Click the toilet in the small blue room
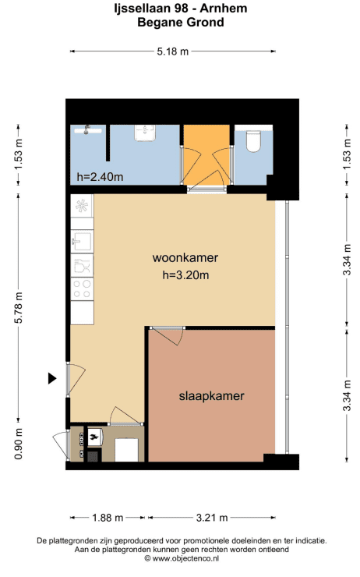(253, 141)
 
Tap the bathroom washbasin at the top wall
(145, 133)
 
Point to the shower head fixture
(87, 129)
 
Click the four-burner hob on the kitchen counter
(82, 288)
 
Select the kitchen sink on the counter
(82, 241)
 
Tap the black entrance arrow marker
(52, 378)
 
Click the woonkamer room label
(185, 257)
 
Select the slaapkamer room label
(211, 396)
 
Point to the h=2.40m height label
(100, 177)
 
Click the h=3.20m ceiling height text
(185, 275)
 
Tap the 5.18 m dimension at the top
(172, 51)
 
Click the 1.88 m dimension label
(108, 518)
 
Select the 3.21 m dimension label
(212, 518)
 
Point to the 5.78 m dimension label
(19, 308)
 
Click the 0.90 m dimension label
(19, 444)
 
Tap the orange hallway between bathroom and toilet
(206, 154)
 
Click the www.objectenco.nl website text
(185, 558)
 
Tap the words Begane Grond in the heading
(181, 22)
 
